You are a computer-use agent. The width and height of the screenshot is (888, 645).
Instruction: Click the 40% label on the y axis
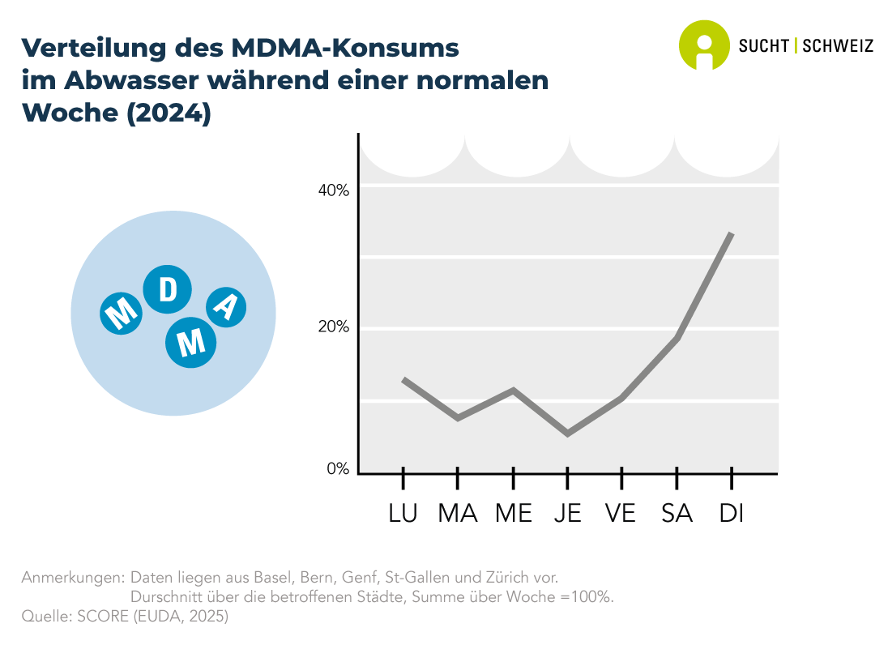coord(333,190)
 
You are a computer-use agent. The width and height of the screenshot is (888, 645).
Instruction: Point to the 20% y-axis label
coord(333,327)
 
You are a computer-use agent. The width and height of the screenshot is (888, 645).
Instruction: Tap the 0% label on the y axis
coord(338,469)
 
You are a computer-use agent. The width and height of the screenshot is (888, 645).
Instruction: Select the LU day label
coord(403,514)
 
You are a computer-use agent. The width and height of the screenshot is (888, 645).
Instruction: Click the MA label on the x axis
coord(458,514)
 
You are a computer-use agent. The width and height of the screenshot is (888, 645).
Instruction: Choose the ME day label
coord(513,514)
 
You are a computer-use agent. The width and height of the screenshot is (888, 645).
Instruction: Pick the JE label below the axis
coord(567,514)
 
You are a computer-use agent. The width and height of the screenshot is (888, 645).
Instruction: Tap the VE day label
coord(621,514)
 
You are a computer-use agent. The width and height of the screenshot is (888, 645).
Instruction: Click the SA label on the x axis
coord(677,514)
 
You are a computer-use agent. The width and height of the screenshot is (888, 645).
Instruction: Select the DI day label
coord(732,514)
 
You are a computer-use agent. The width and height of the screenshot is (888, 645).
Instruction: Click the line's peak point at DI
coord(732,233)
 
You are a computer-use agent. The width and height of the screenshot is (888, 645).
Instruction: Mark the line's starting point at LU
coord(403,379)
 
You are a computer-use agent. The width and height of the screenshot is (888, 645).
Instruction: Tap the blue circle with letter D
coord(168,290)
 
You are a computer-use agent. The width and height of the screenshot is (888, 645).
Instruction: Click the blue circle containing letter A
coord(227,306)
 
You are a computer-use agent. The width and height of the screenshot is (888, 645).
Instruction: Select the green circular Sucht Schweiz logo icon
coord(704,45)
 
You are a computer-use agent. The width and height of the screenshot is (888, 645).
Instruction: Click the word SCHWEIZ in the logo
coord(838,46)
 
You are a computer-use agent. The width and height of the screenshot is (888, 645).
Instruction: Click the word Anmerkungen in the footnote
coord(72,578)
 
